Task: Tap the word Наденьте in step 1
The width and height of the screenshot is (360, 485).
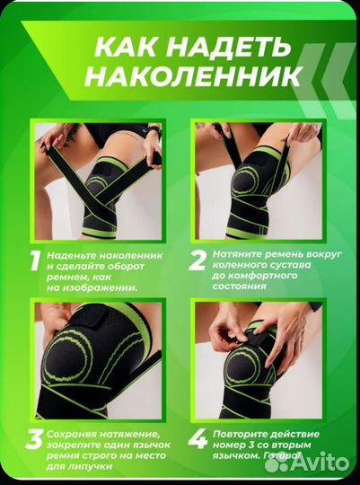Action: point(71,254)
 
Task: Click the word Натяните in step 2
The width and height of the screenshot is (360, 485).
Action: point(237,254)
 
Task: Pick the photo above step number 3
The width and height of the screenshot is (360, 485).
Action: point(98,359)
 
